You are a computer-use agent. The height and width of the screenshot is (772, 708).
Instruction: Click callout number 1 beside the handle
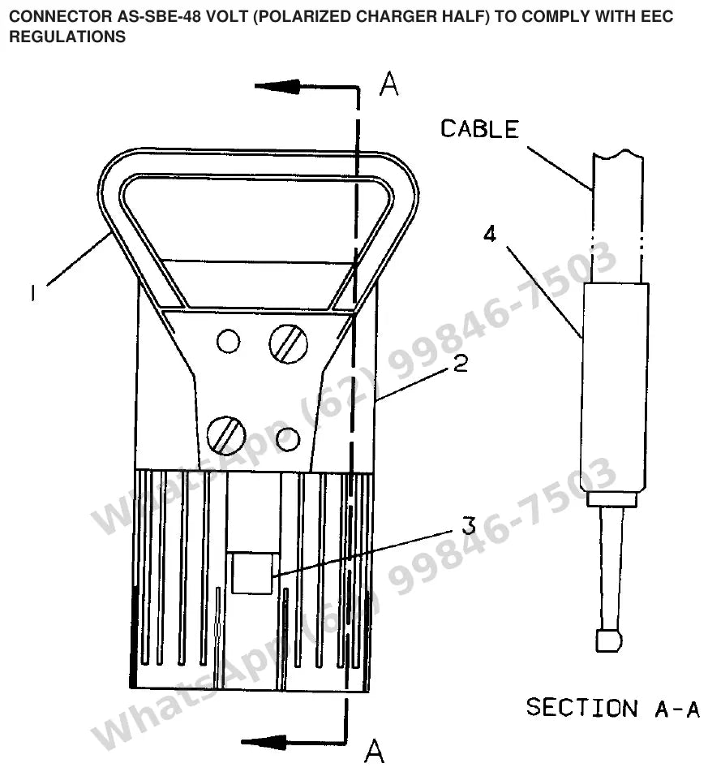click(x=32, y=293)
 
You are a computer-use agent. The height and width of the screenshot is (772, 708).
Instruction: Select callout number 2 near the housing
click(x=460, y=364)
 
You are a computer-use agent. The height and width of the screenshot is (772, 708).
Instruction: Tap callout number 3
click(x=469, y=526)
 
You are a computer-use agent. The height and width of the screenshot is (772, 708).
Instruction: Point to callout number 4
click(x=490, y=235)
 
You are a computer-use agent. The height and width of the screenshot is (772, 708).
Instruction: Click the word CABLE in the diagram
click(x=479, y=129)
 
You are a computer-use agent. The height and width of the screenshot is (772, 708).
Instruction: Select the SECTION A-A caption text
click(x=613, y=708)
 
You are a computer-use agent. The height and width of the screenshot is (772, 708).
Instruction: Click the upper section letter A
click(x=389, y=84)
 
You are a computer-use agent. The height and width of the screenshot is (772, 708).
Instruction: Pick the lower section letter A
click(x=375, y=751)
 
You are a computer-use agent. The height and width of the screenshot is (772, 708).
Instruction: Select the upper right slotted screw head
click(x=289, y=343)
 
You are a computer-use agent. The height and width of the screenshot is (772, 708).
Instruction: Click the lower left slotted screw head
click(x=226, y=436)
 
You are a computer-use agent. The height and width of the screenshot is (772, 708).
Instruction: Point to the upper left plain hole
click(x=228, y=341)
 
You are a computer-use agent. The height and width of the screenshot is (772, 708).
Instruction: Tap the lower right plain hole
click(x=288, y=439)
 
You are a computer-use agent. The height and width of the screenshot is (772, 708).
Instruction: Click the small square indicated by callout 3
click(x=252, y=573)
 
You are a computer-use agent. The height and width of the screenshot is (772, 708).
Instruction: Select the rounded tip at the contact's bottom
click(x=608, y=640)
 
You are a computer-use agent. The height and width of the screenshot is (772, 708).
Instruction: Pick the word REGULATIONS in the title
click(x=67, y=37)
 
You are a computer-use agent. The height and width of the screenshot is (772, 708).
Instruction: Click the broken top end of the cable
click(x=618, y=154)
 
